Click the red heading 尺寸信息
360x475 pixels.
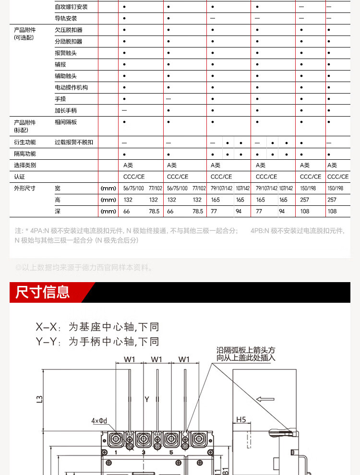(x=43, y=292)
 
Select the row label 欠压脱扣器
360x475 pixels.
(x=69, y=30)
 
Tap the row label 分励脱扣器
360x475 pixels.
(x=69, y=41)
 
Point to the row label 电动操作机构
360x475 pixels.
(x=72, y=87)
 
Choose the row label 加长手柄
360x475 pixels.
(x=66, y=110)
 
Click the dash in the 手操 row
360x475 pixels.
(x=168, y=99)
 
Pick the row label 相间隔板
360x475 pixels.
(x=66, y=122)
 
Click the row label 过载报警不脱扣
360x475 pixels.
(x=74, y=142)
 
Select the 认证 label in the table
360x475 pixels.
(x=20, y=177)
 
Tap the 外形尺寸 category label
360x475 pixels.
(x=25, y=188)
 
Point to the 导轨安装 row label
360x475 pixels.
(x=66, y=18)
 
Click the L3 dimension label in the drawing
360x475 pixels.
(x=40, y=398)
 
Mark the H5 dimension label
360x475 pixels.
(x=240, y=419)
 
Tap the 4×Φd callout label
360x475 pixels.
(x=99, y=421)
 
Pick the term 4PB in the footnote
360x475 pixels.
(x=257, y=231)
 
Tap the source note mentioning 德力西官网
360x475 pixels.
(x=84, y=268)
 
